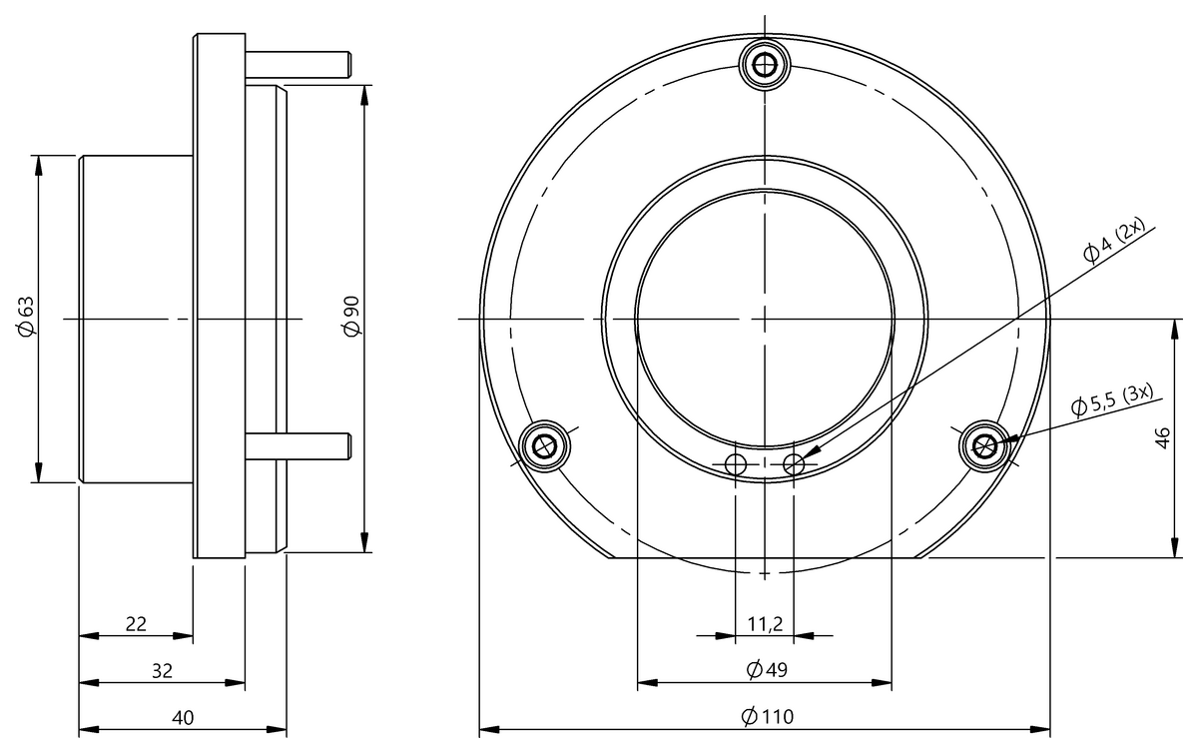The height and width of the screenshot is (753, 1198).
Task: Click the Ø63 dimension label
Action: pos(26,317)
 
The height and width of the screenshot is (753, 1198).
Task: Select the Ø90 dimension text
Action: pos(351,317)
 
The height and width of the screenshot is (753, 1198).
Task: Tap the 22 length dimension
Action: pos(136,624)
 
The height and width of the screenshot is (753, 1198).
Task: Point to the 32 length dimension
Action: pos(162,670)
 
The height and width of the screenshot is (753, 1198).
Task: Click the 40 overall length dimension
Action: pos(183,718)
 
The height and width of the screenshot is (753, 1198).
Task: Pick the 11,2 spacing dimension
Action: pos(765,624)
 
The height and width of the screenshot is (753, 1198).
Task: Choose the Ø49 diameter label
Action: pos(767,669)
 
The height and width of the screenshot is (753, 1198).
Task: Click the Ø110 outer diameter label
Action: pos(767,716)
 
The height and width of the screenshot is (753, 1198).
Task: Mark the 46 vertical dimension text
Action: pos(1163,438)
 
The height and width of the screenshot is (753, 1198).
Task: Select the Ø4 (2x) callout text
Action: pos(1113,240)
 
